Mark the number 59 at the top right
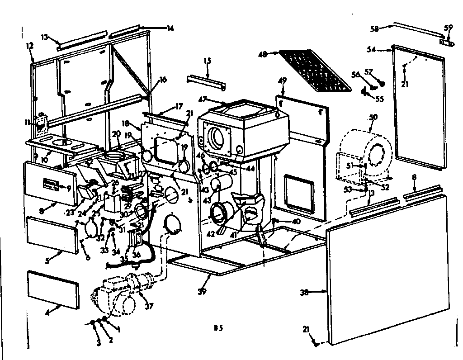[x=448, y=27]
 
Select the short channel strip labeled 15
[x=207, y=80]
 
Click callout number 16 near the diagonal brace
[x=163, y=80]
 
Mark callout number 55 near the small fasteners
[x=379, y=99]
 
